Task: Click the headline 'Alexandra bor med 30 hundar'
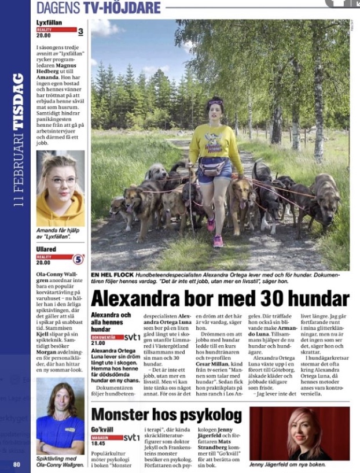pyautogui.click(x=220, y=298)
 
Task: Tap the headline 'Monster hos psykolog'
pyautogui.click(x=167, y=415)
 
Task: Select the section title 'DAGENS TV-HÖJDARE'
pyautogui.click(x=98, y=8)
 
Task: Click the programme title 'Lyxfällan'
pyautogui.click(x=51, y=23)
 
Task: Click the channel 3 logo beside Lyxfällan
pyautogui.click(x=80, y=31)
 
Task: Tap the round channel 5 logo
pyautogui.click(x=78, y=260)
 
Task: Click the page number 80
pyautogui.click(x=17, y=464)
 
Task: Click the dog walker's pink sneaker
pyautogui.click(x=218, y=241)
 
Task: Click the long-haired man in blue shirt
pyautogui.click(x=60, y=415)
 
